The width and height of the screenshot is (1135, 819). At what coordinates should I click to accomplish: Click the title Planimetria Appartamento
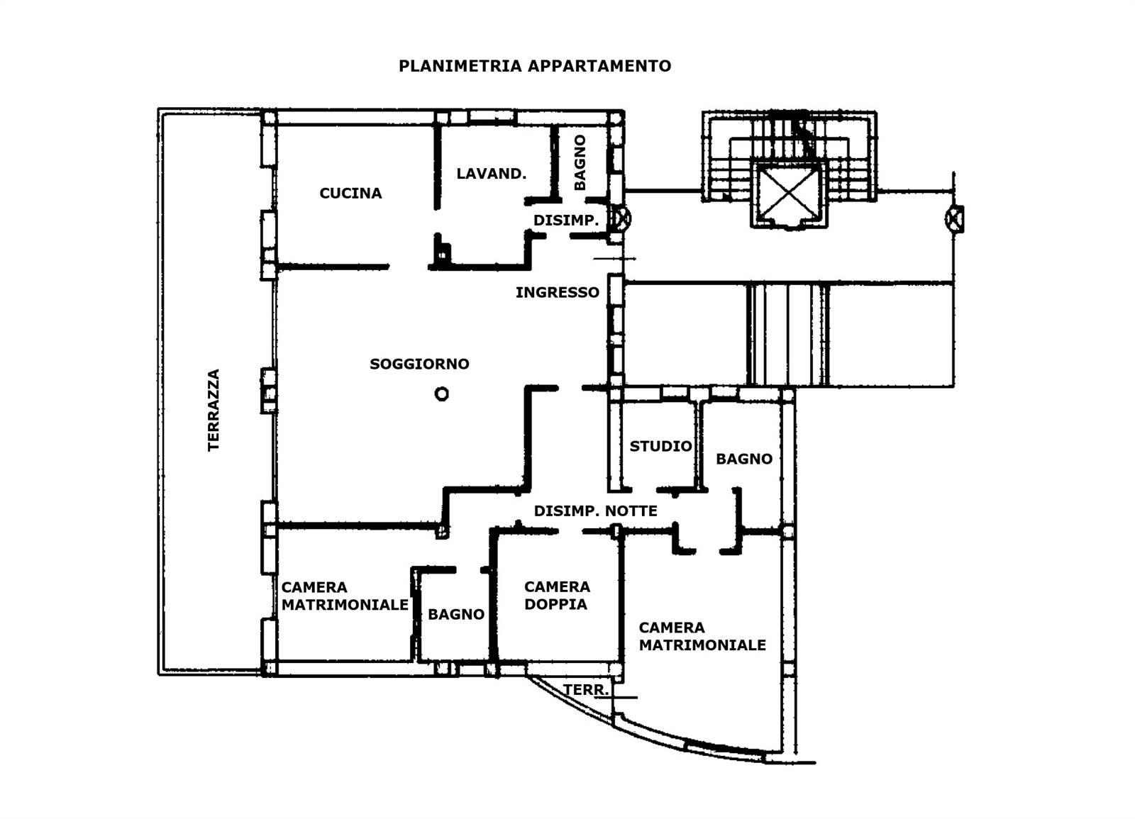[535, 66]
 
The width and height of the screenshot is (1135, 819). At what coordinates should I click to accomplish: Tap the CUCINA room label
[350, 193]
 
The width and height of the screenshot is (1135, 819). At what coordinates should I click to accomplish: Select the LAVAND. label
[491, 174]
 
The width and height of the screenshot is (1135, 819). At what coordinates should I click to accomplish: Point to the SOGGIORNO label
[419, 364]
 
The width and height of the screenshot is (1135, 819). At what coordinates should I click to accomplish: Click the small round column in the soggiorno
[441, 394]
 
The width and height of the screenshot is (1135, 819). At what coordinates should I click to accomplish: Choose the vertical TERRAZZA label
[214, 410]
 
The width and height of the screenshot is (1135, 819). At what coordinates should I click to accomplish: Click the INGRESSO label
[558, 292]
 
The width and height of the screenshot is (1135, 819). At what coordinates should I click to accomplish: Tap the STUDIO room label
[660, 446]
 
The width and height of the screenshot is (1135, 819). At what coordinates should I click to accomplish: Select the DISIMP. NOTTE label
[595, 511]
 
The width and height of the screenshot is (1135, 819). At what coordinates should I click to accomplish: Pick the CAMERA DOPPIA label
[557, 595]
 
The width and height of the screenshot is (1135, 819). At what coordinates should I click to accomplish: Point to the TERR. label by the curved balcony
[586, 689]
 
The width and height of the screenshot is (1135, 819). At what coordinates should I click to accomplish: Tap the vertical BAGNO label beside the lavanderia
[580, 162]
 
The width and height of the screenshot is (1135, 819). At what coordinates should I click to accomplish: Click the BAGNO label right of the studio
[744, 459]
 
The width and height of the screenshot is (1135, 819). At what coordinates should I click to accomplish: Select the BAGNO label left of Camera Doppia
[456, 614]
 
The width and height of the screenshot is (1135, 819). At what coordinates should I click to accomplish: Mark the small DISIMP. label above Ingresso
[566, 221]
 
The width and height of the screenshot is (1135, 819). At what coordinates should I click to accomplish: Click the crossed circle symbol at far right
[955, 219]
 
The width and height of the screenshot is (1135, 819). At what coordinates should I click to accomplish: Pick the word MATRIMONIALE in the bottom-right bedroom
[702, 645]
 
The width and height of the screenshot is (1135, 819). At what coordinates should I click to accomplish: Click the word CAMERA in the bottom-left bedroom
[314, 587]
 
